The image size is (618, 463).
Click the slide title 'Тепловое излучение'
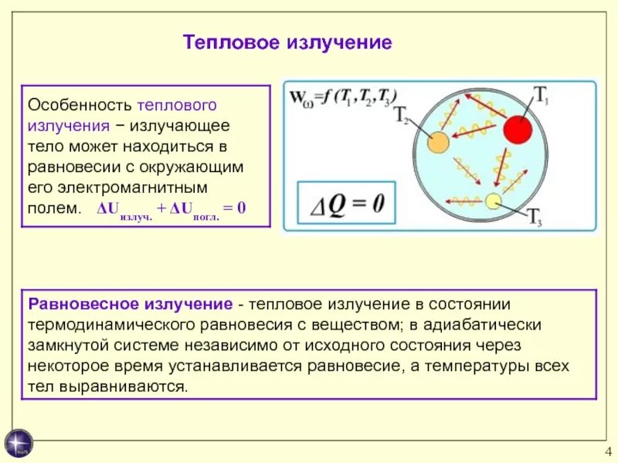pyautogui.click(x=287, y=42)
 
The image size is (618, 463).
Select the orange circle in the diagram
pyautogui.click(x=438, y=142)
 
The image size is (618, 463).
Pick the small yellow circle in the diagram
pyautogui.click(x=493, y=202)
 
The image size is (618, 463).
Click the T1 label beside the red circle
pyautogui.click(x=542, y=96)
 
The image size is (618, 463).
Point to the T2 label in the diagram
pyautogui.click(x=402, y=117)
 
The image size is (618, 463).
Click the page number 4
pyautogui.click(x=608, y=452)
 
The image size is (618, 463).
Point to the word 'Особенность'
pyautogui.click(x=80, y=104)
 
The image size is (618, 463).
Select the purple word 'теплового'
pyautogui.click(x=178, y=104)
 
